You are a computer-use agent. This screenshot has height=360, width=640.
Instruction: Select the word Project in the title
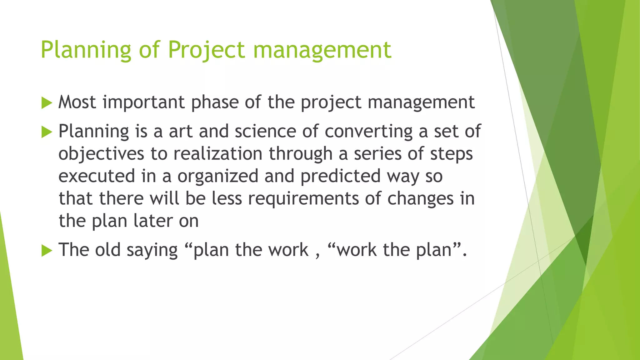click(x=207, y=50)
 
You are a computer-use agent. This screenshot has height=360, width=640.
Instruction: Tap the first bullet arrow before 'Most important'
click(x=47, y=103)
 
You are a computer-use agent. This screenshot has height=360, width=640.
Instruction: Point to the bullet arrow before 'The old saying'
click(x=47, y=250)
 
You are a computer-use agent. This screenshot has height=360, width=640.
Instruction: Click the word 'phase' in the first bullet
click(x=215, y=102)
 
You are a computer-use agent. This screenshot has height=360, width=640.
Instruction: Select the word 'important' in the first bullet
click(x=144, y=102)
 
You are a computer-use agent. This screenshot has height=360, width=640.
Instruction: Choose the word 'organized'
click(x=218, y=176)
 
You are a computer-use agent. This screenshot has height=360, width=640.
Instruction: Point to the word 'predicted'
click(x=341, y=176)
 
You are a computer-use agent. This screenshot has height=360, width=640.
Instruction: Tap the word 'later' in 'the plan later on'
click(x=153, y=221)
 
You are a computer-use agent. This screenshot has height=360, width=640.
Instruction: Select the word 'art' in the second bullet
click(x=180, y=131)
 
